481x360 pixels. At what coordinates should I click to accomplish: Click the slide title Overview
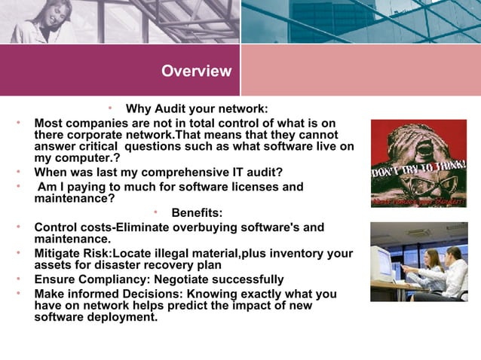(196, 72)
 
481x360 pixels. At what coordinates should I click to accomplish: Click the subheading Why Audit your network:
(196, 108)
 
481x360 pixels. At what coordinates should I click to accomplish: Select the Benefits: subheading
(197, 213)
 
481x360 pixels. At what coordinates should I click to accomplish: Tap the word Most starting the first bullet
(48, 123)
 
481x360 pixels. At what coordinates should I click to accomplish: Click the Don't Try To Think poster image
(418, 163)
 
